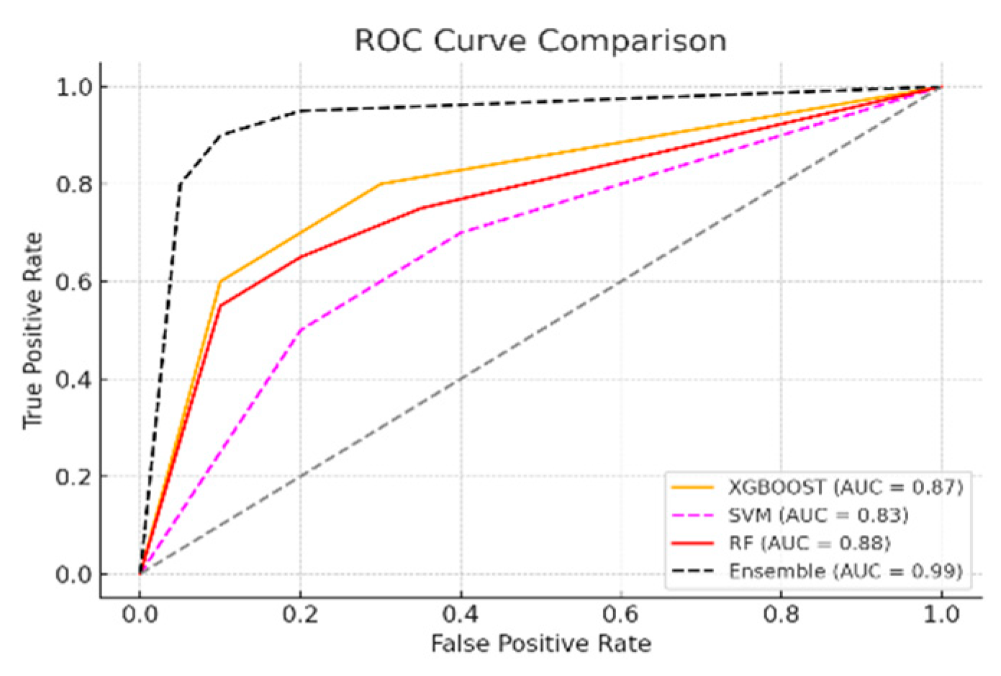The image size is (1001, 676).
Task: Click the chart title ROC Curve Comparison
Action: tap(540, 40)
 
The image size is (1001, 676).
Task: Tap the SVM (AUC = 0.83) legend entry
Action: tap(817, 515)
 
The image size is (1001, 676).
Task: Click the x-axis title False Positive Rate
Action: tap(540, 643)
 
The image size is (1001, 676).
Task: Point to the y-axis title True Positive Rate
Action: tap(33, 330)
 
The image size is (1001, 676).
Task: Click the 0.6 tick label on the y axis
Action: tap(74, 281)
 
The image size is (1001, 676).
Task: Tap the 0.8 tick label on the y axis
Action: tap(74, 184)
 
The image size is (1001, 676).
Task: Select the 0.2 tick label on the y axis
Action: tap(74, 477)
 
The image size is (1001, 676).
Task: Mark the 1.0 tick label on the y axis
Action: tap(74, 87)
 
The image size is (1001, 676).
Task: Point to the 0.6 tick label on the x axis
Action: tap(621, 614)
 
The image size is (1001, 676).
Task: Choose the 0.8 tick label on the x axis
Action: tap(782, 614)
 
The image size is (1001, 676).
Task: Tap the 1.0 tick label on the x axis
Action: tap(941, 614)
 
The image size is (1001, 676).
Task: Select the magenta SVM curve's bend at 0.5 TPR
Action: tap(300, 330)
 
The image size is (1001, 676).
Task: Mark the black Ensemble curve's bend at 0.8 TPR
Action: tap(180, 184)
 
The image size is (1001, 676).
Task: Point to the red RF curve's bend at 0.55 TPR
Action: tap(220, 306)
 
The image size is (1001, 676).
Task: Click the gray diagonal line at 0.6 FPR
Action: tap(621, 281)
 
